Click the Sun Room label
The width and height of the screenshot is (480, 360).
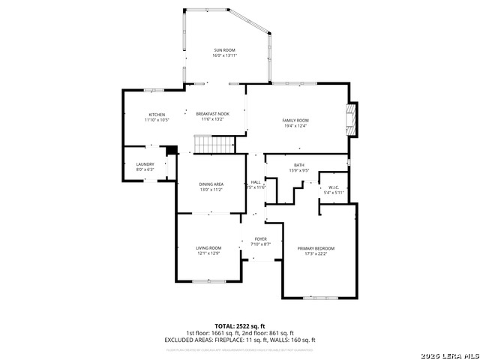tap(225, 50)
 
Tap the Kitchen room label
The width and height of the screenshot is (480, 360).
tap(157, 114)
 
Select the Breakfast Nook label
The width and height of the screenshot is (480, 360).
tap(213, 114)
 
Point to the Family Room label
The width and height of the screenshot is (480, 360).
tap(295, 120)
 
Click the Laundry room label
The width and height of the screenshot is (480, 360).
tap(145, 164)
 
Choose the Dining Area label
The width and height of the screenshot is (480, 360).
tap(211, 184)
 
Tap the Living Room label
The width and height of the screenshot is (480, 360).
tap(208, 248)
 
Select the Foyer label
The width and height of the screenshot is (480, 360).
tap(260, 239)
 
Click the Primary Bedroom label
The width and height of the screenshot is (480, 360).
tap(316, 248)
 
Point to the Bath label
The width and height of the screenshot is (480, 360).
tap(299, 165)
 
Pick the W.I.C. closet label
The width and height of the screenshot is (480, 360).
tap(334, 187)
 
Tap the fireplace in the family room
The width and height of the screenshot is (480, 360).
tap(349, 118)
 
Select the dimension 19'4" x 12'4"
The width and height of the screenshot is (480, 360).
tap(295, 125)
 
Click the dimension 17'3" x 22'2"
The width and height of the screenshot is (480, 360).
tap(316, 253)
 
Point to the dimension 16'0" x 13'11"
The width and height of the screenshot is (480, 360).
tap(225, 55)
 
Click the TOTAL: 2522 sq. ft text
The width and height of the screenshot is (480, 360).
tap(240, 326)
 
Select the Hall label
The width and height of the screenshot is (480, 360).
tap(255, 182)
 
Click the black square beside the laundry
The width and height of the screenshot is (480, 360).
tap(172, 149)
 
